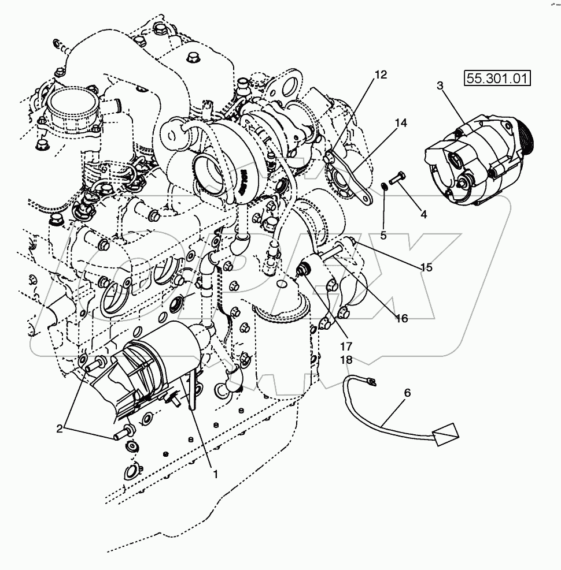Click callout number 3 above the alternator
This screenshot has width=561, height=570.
440,86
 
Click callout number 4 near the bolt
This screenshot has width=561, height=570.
423,214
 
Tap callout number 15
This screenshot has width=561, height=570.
426,267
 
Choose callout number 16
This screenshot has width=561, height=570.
401,317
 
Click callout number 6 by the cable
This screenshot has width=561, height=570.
407,392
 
